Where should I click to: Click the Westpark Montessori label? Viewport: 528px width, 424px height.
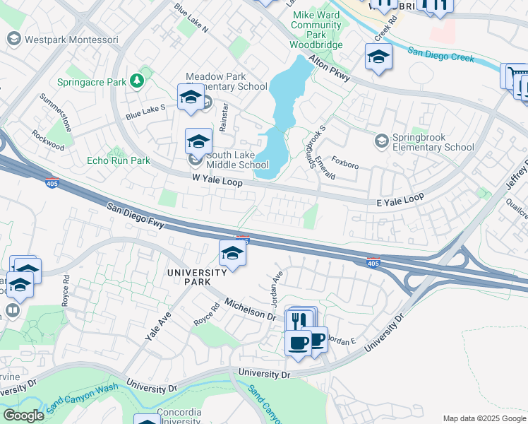[71, 40]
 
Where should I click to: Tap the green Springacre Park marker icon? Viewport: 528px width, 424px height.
[136, 81]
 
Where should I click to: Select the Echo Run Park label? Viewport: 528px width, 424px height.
[118, 160]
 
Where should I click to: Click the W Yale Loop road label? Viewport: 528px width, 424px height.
[217, 182]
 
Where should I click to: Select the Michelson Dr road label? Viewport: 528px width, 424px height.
[249, 308]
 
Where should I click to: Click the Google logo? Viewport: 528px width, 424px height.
[23, 416]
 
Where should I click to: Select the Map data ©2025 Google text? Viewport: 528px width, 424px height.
[484, 418]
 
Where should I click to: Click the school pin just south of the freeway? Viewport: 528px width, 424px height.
[232, 253]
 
